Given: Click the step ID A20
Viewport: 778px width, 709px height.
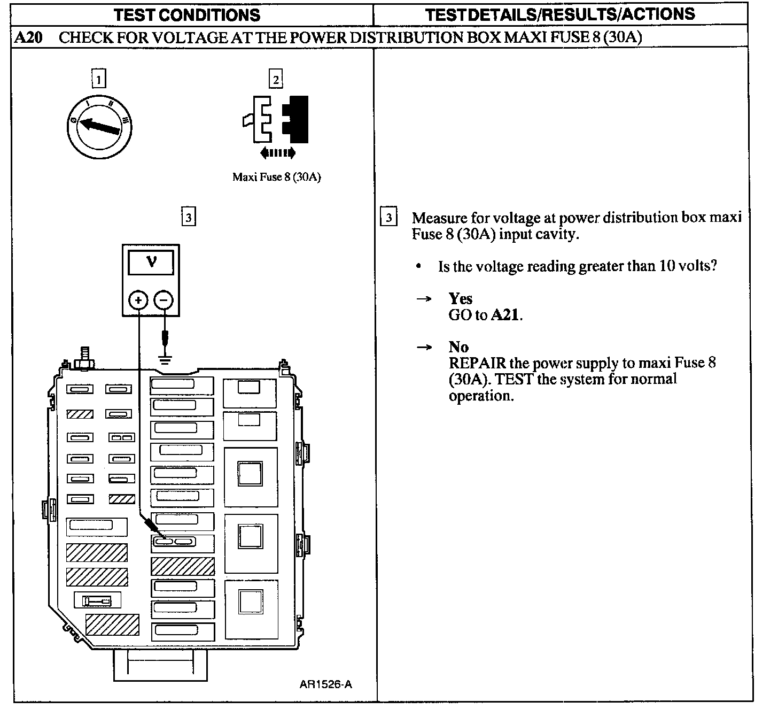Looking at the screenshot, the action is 28,37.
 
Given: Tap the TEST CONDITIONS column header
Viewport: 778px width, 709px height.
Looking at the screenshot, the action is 187,15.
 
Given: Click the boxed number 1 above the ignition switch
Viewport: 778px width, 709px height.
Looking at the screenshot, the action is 99,79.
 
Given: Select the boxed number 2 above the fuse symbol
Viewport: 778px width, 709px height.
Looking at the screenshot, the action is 276,79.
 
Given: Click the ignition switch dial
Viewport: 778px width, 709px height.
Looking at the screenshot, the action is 99,127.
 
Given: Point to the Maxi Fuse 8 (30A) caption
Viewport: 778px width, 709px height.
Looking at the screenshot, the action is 277,177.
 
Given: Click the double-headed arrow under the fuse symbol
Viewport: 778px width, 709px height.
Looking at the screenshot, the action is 278,152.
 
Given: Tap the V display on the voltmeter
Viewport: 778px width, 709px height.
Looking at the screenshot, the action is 151,263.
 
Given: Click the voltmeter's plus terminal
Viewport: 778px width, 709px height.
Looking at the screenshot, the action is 138,300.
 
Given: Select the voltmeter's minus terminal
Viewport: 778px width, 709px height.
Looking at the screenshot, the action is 164,300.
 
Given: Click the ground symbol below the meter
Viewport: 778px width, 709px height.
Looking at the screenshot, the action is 165,360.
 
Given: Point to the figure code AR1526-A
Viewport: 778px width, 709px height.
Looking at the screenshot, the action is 326,684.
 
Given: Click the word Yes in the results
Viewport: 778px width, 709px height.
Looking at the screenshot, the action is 461,298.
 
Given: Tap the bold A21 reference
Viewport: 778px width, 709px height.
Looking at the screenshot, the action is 505,314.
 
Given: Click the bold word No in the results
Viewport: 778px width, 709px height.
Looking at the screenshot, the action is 459,346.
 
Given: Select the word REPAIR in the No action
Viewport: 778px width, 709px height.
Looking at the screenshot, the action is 477,363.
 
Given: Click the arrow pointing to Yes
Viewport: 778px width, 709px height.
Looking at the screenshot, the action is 424,298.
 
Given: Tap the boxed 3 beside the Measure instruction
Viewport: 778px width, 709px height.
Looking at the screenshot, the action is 388,217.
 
